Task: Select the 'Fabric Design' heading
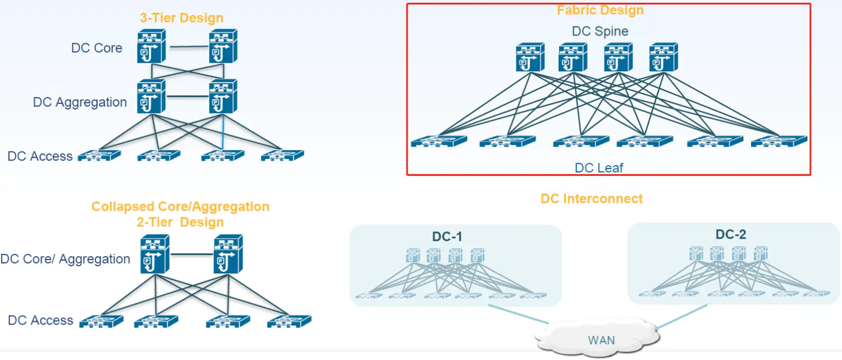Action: [x=600, y=10]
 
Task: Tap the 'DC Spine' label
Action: [x=600, y=31]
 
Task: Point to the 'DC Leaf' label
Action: [x=599, y=167]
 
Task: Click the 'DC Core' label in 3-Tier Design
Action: [x=97, y=48]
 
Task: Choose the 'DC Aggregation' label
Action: [x=80, y=102]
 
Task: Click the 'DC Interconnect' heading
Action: [x=592, y=198]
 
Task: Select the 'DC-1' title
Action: [x=447, y=236]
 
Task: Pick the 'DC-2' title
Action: [x=731, y=234]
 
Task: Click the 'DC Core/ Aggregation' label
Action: [x=65, y=259]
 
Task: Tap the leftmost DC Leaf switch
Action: [x=438, y=142]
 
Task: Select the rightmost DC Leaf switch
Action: [x=779, y=142]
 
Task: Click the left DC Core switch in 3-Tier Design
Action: [x=151, y=47]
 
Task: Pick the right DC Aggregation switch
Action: [x=223, y=96]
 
